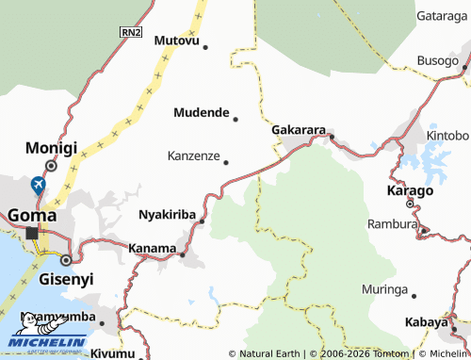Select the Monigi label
tap(51, 148)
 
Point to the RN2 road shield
tap(130, 32)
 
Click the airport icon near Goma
tap(38, 184)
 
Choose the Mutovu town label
tap(176, 41)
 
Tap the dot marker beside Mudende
tap(235, 119)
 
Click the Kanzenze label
tap(193, 155)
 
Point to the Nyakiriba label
tap(167, 214)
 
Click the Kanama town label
tap(152, 250)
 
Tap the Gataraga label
tap(442, 17)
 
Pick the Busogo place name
tap(438, 60)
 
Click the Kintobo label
tap(447, 135)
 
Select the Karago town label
tap(411, 190)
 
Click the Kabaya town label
tap(426, 322)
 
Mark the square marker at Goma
tap(32, 233)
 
